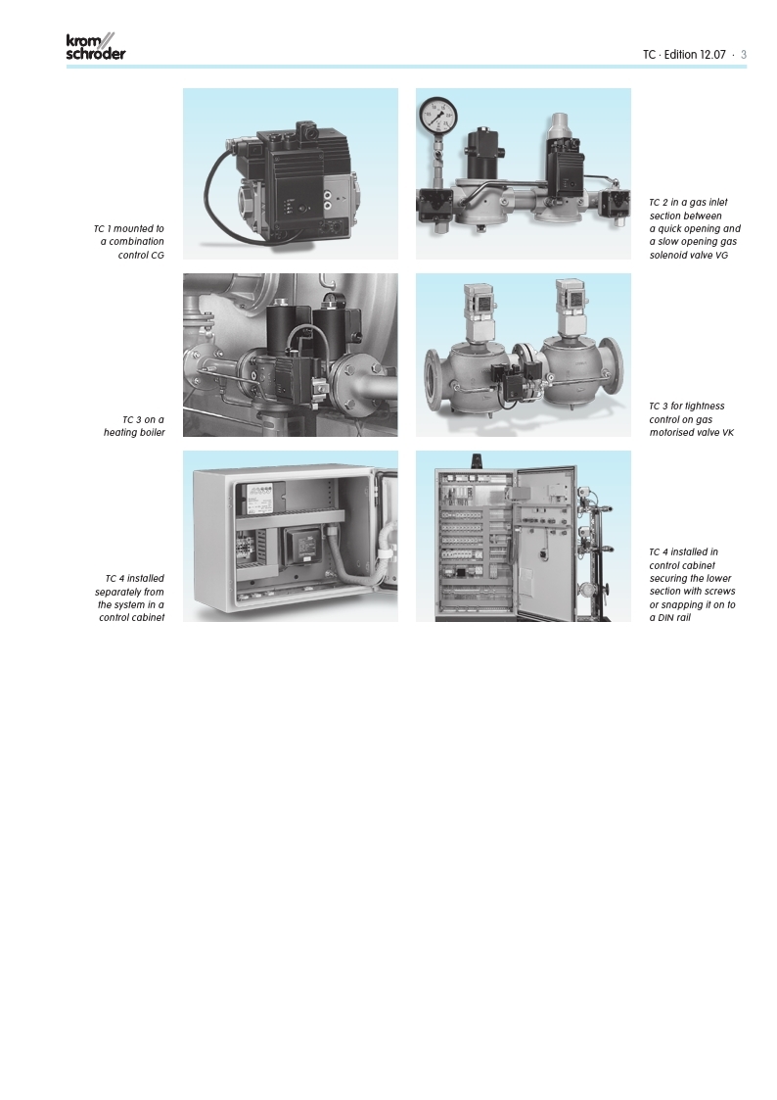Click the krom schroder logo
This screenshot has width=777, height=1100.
96,46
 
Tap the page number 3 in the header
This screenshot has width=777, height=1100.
744,55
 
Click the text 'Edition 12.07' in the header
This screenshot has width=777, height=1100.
695,55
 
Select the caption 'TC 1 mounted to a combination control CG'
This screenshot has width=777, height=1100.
129,242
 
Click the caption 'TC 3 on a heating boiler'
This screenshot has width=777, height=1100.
134,426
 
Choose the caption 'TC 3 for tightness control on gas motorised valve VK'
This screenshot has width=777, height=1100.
691,419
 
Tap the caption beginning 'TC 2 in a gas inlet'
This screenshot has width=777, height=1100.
695,228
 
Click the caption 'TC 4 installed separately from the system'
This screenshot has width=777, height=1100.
129,598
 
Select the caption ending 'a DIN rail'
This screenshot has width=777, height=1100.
692,585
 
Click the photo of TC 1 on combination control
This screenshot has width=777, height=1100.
291,174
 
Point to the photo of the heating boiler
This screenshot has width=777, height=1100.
291,355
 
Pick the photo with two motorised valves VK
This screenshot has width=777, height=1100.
524,355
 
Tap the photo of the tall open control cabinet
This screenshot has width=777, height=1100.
524,536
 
